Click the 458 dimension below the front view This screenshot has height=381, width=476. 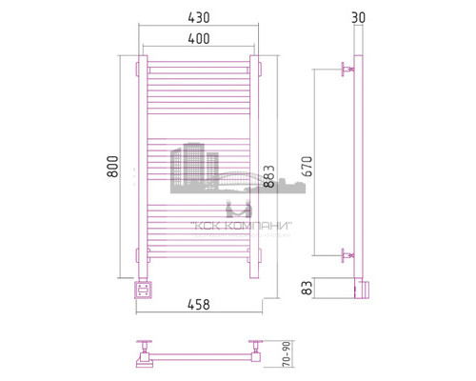[199, 305]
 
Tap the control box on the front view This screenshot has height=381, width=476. [142, 288]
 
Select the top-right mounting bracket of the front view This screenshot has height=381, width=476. [255, 69]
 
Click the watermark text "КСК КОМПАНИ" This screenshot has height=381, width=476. [242, 226]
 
